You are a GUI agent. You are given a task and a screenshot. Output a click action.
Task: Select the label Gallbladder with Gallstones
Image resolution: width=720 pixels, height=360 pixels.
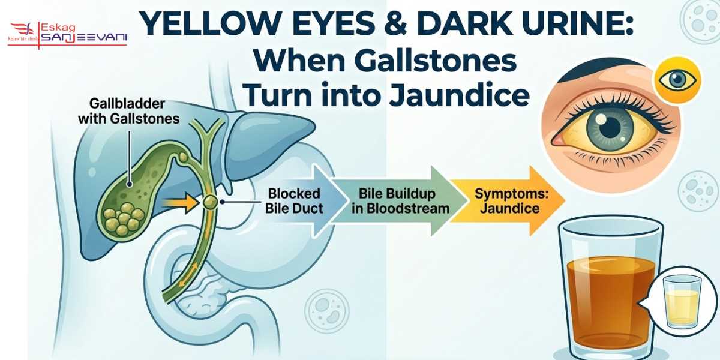(x=128, y=110)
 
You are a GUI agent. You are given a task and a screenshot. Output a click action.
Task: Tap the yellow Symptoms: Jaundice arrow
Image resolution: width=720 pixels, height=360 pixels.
(x=507, y=202)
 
